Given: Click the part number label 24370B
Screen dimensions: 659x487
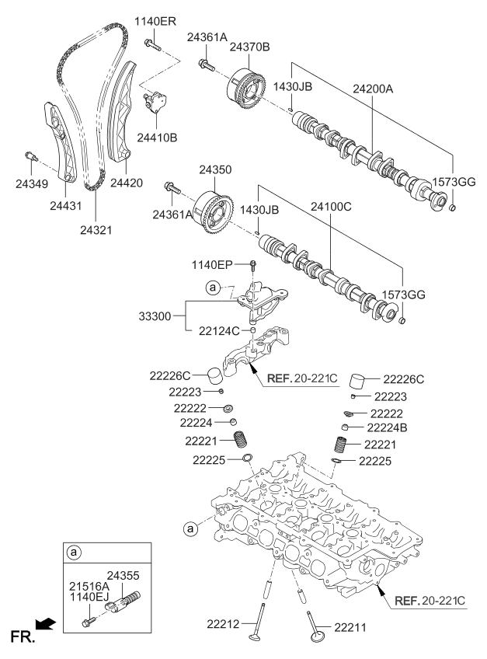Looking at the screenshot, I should (250, 47).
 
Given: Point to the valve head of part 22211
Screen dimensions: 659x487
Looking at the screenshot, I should (318, 637).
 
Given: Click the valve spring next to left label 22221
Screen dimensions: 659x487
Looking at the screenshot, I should (244, 439).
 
